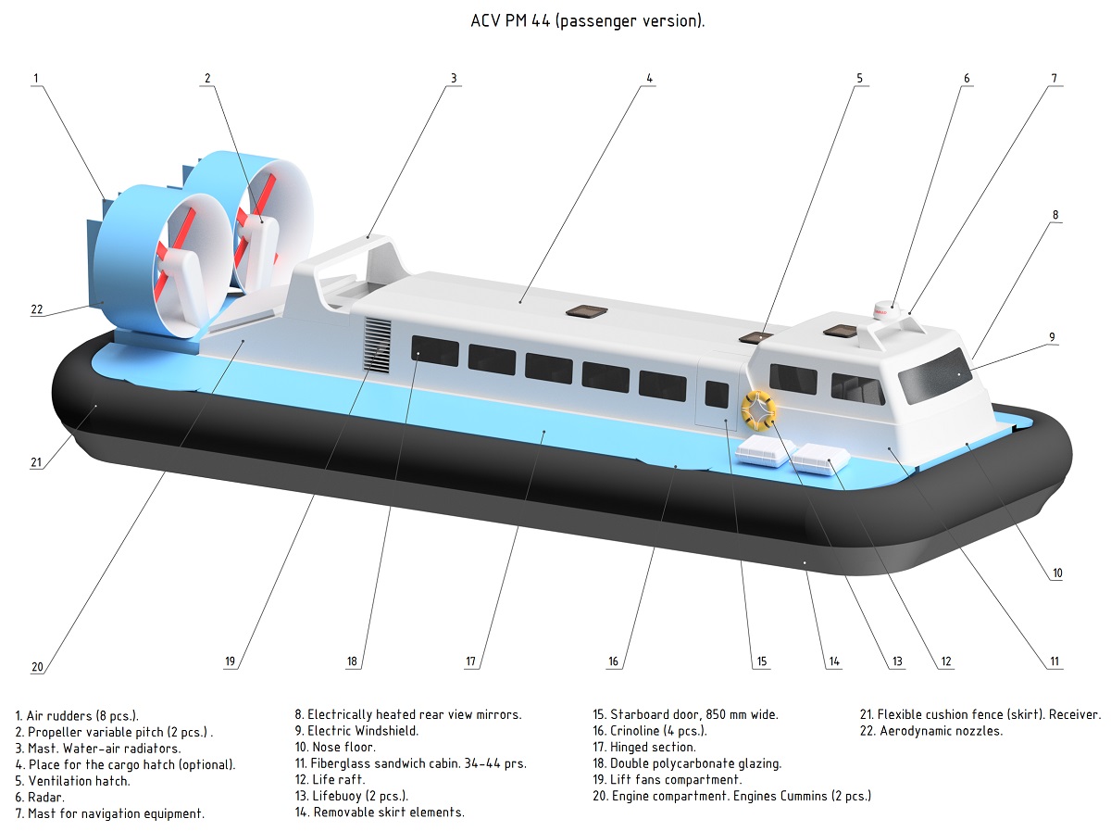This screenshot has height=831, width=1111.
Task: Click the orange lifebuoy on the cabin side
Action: point(759,409)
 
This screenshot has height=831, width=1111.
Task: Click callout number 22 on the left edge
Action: point(37,309)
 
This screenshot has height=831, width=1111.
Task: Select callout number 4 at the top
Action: point(650,79)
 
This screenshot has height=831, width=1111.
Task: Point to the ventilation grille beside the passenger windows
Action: point(376,346)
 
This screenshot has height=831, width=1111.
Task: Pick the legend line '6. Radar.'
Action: point(40,797)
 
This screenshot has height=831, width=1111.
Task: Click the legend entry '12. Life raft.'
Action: point(336,780)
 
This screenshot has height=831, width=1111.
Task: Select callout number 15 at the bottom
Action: point(761,661)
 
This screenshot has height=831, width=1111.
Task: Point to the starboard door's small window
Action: point(717,394)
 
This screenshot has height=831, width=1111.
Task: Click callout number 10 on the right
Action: point(1056,573)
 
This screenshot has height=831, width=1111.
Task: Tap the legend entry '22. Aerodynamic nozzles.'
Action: point(930,731)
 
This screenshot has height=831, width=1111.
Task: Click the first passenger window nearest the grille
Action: point(435,351)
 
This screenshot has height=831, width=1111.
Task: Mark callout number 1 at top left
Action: point(35,79)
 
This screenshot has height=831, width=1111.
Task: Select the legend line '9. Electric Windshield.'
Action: point(356,731)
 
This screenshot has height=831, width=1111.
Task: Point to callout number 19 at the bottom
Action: point(231,661)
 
